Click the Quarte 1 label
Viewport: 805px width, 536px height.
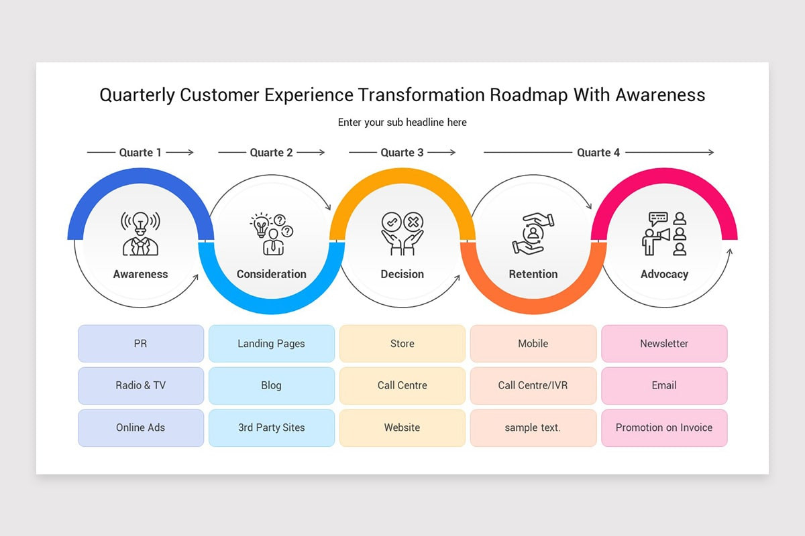coord(140,153)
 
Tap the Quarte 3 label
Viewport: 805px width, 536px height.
coord(402,153)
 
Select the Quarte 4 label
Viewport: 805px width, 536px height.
coord(598,153)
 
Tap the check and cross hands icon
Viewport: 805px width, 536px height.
coord(402,233)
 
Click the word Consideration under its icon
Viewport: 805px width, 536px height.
coord(271,274)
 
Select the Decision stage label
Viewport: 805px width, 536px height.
coord(402,274)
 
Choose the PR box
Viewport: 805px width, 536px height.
coord(140,344)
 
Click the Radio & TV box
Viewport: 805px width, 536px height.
coord(140,386)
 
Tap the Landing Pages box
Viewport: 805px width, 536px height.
coord(271,344)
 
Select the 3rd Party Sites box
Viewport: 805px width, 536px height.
coord(271,428)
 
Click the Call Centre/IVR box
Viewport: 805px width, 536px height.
coord(533,386)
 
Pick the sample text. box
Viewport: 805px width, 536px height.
coord(533,428)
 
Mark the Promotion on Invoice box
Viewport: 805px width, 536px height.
coord(664,428)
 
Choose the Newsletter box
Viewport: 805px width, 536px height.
coord(664,344)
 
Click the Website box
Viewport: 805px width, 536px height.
coord(402,428)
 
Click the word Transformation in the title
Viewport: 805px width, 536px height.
coord(421,95)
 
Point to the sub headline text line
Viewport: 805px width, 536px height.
coord(402,123)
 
